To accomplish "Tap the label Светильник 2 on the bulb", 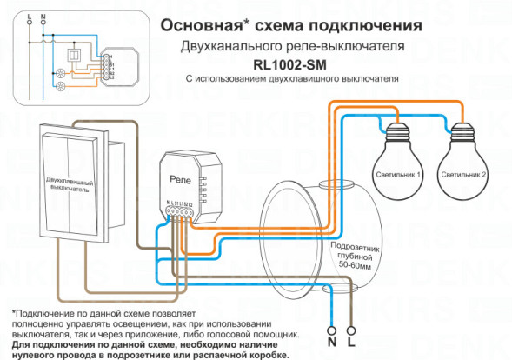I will tap(463, 175).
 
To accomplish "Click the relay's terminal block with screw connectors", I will tap(180, 210).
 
